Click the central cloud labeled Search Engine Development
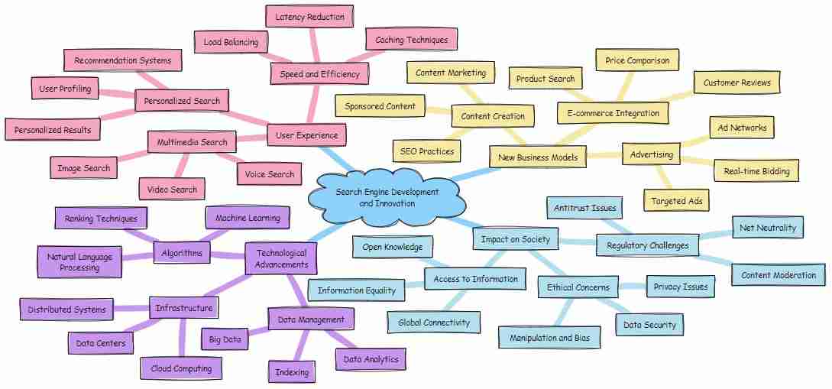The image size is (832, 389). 387,197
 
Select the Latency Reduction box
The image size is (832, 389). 309,16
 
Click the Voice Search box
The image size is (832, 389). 270,174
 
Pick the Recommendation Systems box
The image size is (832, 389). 122,60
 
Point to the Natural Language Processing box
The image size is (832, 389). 79,262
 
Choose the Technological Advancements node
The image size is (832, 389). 280,259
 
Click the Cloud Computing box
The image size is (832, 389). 181,368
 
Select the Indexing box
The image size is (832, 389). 291,372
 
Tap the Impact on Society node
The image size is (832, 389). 516,239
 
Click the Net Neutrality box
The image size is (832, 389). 767,227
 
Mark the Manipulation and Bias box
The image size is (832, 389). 549,336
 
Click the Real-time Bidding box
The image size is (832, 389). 756,171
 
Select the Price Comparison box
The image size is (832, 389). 636,60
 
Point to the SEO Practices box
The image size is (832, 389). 426,151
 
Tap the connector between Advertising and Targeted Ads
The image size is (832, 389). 663,177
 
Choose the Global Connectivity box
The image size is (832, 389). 434,323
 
